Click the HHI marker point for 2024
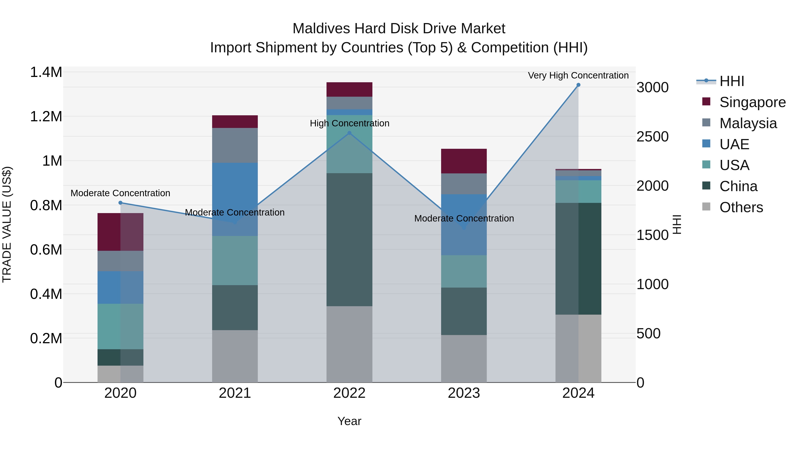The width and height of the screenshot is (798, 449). tap(578, 85)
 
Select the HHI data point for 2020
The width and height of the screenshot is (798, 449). tap(121, 203)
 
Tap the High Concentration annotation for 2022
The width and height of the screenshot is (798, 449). tap(349, 123)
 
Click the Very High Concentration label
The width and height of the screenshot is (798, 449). tap(578, 75)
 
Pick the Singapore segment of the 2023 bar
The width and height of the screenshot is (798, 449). tap(464, 161)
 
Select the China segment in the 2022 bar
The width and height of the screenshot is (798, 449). tap(349, 239)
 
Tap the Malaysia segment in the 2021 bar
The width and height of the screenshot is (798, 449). tap(235, 145)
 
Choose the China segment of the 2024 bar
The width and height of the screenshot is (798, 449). tap(578, 259)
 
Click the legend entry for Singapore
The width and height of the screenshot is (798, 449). tap(752, 102)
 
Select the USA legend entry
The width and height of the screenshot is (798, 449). tap(734, 165)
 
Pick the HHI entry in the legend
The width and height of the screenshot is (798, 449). tap(732, 81)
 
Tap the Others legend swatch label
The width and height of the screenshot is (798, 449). tap(741, 207)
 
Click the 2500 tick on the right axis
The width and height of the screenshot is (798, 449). tap(652, 137)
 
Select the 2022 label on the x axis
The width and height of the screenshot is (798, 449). tap(349, 393)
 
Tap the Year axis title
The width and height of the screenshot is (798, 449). tap(349, 421)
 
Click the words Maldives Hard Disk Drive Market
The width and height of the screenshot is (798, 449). tap(399, 29)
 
